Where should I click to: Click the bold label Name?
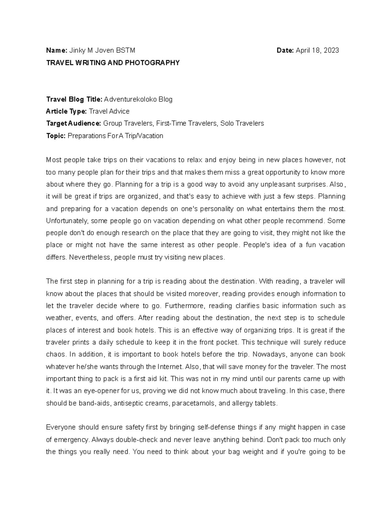pyautogui.click(x=57, y=50)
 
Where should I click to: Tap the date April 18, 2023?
pyautogui.click(x=317, y=50)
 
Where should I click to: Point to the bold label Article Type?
pyautogui.click(x=67, y=111)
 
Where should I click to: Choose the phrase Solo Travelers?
pyautogui.click(x=242, y=123)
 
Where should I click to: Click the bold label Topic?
pyautogui.click(x=56, y=136)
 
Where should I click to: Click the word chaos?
pyautogui.click(x=56, y=355)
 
